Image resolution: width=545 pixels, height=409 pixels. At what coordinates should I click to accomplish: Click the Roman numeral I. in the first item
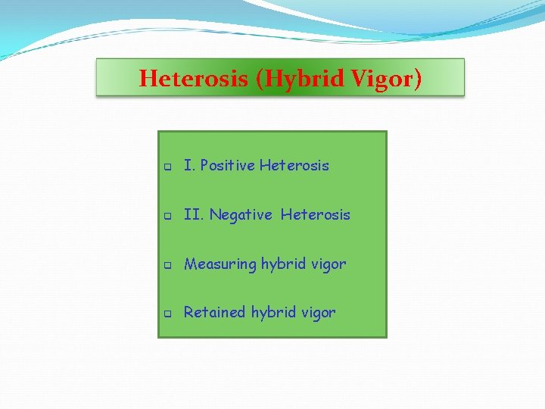point(189,165)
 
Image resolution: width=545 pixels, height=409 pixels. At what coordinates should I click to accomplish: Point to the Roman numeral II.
point(194,215)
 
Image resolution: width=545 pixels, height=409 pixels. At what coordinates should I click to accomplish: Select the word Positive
point(227,165)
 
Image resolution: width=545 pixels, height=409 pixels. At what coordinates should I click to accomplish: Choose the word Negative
point(241,215)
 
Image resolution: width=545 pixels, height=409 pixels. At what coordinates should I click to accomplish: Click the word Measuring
point(220,264)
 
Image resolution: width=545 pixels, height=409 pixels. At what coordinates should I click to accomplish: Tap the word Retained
point(215,312)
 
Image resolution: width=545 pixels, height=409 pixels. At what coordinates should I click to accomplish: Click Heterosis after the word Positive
point(294,165)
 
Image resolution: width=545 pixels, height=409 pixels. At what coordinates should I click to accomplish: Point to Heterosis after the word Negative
point(316,215)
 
